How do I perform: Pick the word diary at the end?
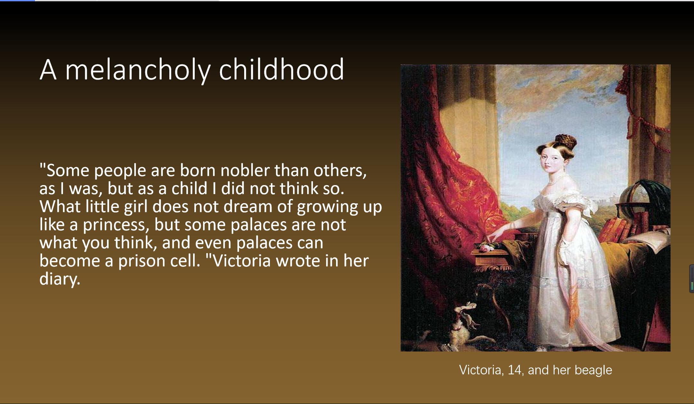coord(59,279)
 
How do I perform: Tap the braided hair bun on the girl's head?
coord(565,141)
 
